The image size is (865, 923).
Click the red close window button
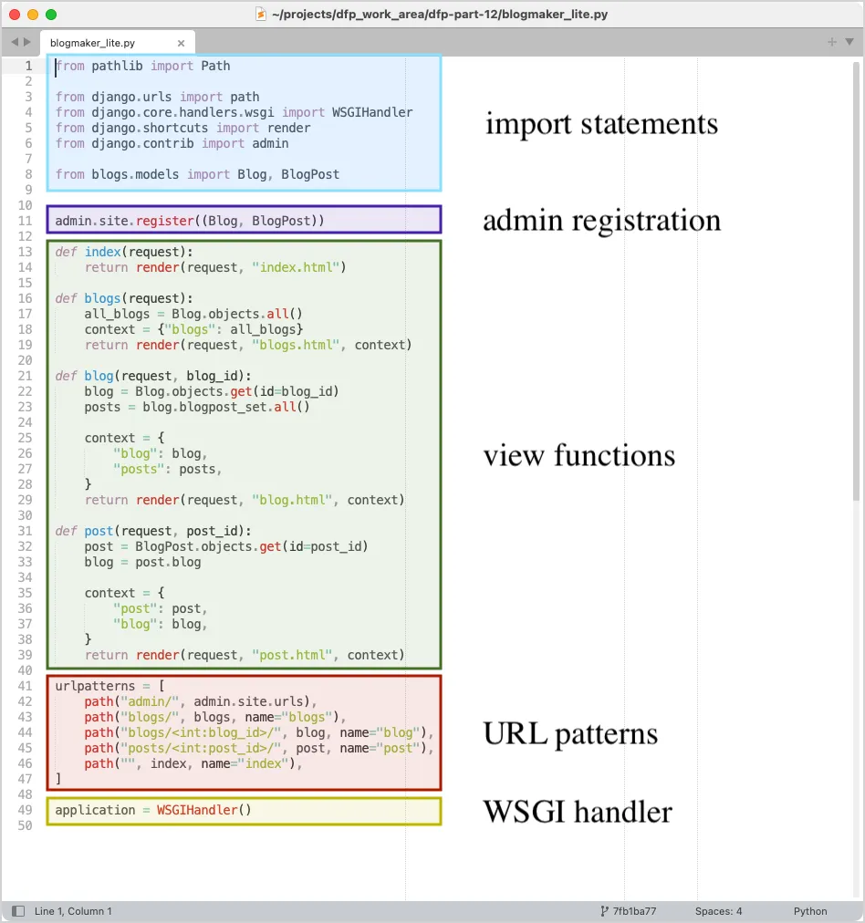click(15, 15)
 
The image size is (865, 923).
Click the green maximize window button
click(51, 15)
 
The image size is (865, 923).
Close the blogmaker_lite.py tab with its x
click(181, 43)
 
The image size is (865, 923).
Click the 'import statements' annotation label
click(601, 124)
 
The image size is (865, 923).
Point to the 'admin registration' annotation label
click(601, 221)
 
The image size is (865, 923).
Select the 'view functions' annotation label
click(578, 455)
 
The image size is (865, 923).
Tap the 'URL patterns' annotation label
click(570, 734)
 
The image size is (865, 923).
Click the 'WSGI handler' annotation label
click(578, 812)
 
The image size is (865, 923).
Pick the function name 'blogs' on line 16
click(102, 298)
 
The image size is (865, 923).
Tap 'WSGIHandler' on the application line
click(200, 810)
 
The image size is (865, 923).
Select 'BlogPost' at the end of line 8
click(310, 174)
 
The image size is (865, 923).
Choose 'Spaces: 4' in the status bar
click(718, 911)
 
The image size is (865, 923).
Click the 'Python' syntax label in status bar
click(810, 911)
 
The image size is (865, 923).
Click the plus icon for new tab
click(831, 42)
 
